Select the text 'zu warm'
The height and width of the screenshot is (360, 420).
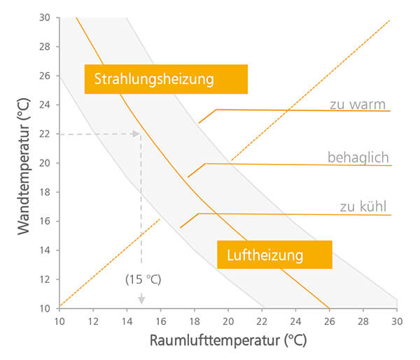click(x=358, y=104)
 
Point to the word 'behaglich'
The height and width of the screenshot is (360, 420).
click(x=358, y=157)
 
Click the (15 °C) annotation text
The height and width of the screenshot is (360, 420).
click(x=143, y=279)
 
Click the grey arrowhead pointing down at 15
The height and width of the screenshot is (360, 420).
click(x=141, y=299)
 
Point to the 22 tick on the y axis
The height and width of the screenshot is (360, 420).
click(x=45, y=134)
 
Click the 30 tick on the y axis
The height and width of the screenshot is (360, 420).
click(x=45, y=18)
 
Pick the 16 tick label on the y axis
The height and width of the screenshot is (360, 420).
click(x=45, y=221)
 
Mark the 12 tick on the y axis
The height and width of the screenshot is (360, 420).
click(x=45, y=279)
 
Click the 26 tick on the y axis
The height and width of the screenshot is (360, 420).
click(x=45, y=76)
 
